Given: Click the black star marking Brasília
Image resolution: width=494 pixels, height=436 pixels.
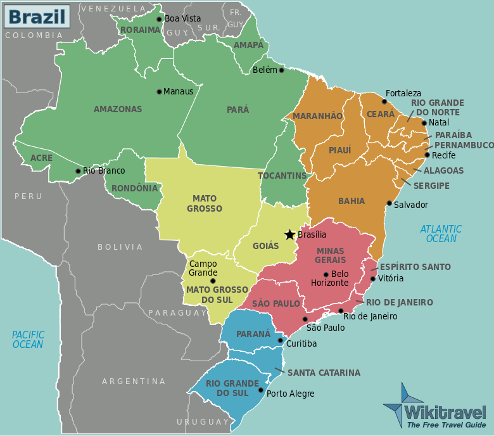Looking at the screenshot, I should coord(289,234).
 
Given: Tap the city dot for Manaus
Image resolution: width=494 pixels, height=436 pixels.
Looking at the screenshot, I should coord(159,91).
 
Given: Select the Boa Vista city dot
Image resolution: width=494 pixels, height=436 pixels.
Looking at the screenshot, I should coord(160,19).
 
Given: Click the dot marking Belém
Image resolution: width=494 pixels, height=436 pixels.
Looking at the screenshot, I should coord(282,70).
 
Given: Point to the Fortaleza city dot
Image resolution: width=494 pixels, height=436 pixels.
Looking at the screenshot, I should coord(384,101).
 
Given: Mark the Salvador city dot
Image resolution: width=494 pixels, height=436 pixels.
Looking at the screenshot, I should coord(389,203).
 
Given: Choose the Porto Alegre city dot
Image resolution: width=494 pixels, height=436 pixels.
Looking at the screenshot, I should coord(261,393).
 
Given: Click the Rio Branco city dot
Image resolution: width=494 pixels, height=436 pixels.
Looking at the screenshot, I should coord(78,170).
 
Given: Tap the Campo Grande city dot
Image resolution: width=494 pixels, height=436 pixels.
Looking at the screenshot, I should coord(213,281).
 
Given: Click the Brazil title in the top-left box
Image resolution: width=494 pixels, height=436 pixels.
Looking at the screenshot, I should coord(35,15).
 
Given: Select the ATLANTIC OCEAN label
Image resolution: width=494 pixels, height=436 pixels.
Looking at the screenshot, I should coord(441,234).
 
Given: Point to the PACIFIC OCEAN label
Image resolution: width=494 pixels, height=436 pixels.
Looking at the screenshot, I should coord(28,340).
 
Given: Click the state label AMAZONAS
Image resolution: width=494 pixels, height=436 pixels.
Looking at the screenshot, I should coord(118,109).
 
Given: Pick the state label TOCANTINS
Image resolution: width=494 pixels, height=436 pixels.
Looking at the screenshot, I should coord(282,176).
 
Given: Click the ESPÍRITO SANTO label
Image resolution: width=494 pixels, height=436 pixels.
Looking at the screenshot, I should coord(415,267).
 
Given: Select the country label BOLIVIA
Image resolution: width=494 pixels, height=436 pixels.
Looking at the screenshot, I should coord(120,247).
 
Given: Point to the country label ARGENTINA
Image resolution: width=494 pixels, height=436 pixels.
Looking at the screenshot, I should coord(134,381).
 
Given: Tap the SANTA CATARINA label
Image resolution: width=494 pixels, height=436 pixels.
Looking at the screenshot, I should coord(324,373).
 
